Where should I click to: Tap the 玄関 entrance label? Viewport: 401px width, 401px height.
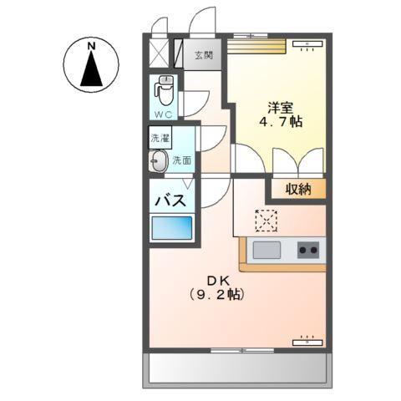204,56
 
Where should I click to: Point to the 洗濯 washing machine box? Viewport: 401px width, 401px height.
159,139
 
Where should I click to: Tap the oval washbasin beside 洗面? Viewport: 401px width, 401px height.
159,163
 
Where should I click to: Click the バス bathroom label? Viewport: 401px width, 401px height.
170,200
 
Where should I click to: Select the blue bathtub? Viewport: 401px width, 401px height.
171,228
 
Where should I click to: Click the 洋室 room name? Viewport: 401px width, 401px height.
281,107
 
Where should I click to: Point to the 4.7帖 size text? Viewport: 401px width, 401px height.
281,122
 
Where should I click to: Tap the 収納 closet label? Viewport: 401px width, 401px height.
297,189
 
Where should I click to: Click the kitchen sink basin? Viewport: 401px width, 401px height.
268,249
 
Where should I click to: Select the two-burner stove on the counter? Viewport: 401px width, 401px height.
308,249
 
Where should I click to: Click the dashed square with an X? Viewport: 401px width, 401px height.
266,220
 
